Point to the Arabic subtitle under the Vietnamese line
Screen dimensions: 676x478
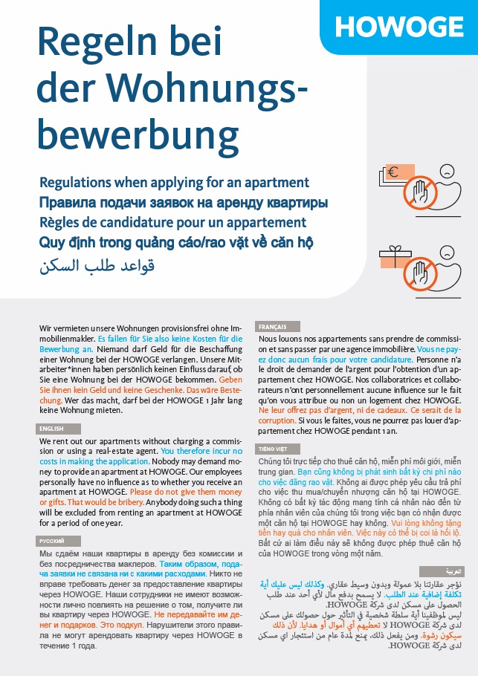pos(97,264)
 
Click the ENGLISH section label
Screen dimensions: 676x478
pos(53,429)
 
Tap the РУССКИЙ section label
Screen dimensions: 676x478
pos(52,541)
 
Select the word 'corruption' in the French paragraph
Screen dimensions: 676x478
pos(277,420)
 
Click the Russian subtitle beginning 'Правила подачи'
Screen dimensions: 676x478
pos(183,203)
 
